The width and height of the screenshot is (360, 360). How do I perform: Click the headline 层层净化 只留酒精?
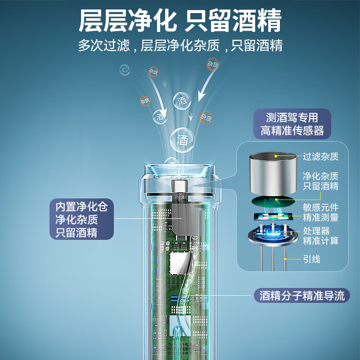[x=180, y=21]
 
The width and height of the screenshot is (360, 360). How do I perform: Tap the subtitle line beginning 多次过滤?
[x=180, y=45]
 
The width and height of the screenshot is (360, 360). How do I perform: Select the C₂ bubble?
[x=125, y=70]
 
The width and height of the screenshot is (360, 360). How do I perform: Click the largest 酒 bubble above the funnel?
[x=182, y=140]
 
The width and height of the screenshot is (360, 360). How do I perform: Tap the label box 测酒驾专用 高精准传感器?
[x=292, y=124]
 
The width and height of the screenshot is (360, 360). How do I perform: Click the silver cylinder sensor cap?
[x=273, y=174]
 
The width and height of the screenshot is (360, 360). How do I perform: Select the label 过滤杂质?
[x=320, y=157]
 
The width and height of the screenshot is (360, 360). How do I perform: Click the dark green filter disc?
[x=273, y=201]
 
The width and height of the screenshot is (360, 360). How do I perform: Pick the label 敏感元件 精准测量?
[x=320, y=212]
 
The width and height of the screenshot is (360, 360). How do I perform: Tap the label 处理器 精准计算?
[x=320, y=236]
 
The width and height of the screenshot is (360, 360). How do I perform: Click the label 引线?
[x=311, y=259]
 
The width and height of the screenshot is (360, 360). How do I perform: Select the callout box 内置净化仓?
[x=82, y=219]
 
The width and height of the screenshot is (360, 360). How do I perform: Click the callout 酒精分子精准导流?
[x=301, y=296]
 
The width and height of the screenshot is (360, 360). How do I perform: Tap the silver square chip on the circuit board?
[x=180, y=263]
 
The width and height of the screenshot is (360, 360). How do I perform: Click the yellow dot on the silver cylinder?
[x=276, y=156]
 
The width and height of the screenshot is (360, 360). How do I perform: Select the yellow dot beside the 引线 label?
[x=285, y=259]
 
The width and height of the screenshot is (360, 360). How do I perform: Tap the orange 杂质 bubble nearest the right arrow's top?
[x=212, y=64]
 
